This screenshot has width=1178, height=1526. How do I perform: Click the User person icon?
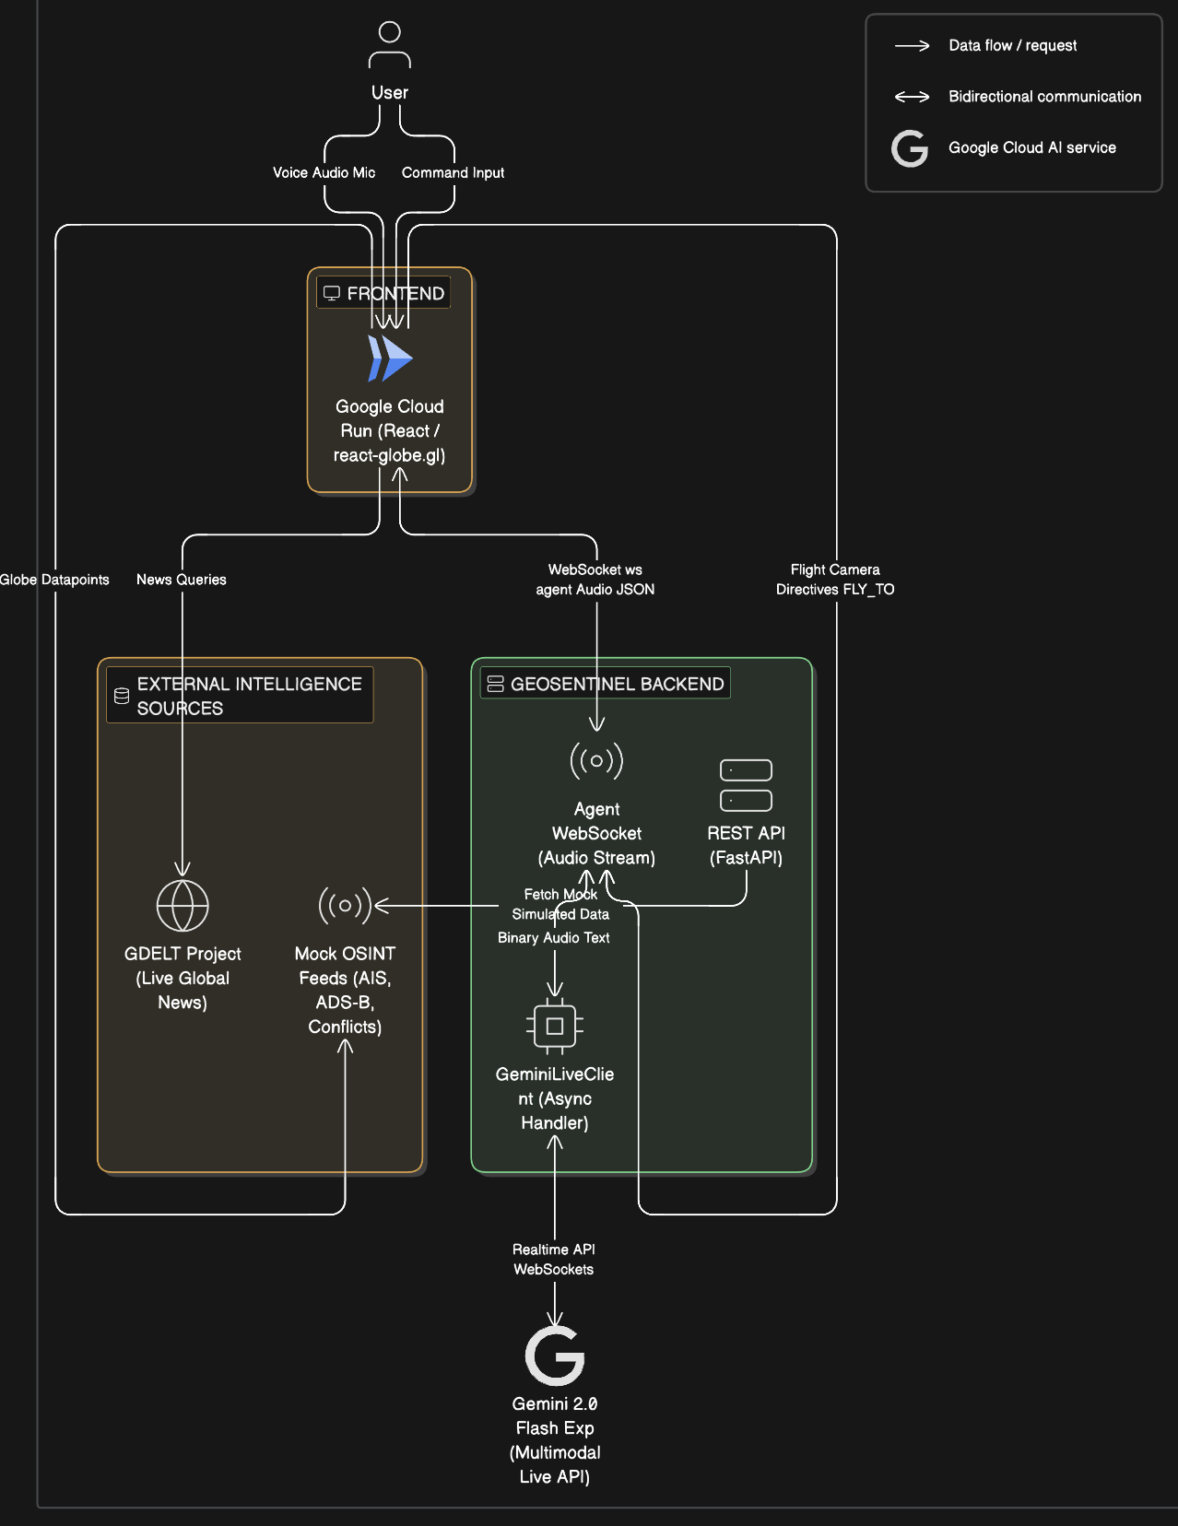[389, 44]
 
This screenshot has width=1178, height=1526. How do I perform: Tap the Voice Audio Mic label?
[324, 172]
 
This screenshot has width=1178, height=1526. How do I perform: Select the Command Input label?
[454, 172]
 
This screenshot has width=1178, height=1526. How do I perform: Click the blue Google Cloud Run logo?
[390, 358]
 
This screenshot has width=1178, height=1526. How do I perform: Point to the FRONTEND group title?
[395, 294]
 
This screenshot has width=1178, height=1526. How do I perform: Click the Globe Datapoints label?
[54, 580]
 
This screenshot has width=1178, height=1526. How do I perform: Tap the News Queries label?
[182, 580]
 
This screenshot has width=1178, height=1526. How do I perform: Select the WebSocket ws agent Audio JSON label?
[595, 580]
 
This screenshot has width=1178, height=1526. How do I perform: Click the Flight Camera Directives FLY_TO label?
[835, 580]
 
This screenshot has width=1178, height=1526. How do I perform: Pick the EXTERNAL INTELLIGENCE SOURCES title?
[250, 696]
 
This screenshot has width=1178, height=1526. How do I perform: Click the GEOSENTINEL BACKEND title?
[617, 684]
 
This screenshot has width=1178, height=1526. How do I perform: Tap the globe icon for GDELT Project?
[183, 905]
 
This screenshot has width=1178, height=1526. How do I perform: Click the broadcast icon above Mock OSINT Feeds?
[345, 905]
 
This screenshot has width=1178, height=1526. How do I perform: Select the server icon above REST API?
[746, 785]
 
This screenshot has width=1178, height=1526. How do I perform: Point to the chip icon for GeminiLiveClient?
[555, 1026]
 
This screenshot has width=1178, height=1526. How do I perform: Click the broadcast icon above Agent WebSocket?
[596, 760]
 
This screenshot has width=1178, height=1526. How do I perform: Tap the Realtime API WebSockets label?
[554, 1259]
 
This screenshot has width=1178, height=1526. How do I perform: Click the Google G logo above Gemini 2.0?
[555, 1356]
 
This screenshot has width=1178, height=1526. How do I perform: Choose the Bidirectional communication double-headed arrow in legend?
[912, 97]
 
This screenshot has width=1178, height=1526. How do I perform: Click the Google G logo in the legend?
[910, 148]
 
